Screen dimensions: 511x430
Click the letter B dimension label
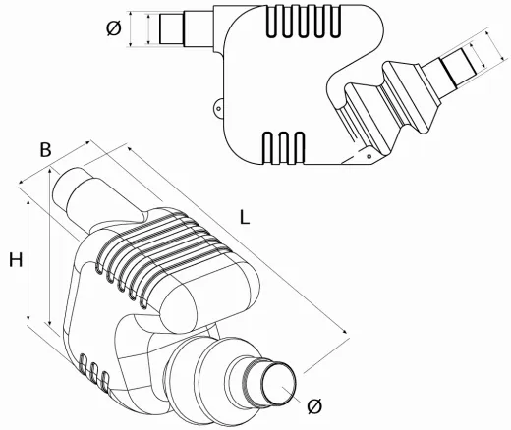46,150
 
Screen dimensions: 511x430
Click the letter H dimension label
16,260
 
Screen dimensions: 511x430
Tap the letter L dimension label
245,217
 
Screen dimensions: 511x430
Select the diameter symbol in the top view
114,28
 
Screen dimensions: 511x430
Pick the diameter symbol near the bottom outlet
314,406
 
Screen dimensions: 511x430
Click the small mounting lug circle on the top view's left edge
218,107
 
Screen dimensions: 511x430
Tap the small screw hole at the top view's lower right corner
369,156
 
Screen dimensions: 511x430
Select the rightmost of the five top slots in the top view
336,21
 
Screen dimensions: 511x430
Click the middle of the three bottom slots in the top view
284,148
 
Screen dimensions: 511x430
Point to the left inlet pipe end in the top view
172,28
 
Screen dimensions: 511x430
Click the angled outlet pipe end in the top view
459,69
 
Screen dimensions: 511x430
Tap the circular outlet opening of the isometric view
279,384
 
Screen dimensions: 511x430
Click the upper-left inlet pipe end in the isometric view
66,187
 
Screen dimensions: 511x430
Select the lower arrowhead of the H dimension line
28,318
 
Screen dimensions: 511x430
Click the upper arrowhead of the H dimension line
28,203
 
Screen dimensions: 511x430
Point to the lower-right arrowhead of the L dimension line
345,331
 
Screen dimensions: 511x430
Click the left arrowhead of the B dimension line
22,182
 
